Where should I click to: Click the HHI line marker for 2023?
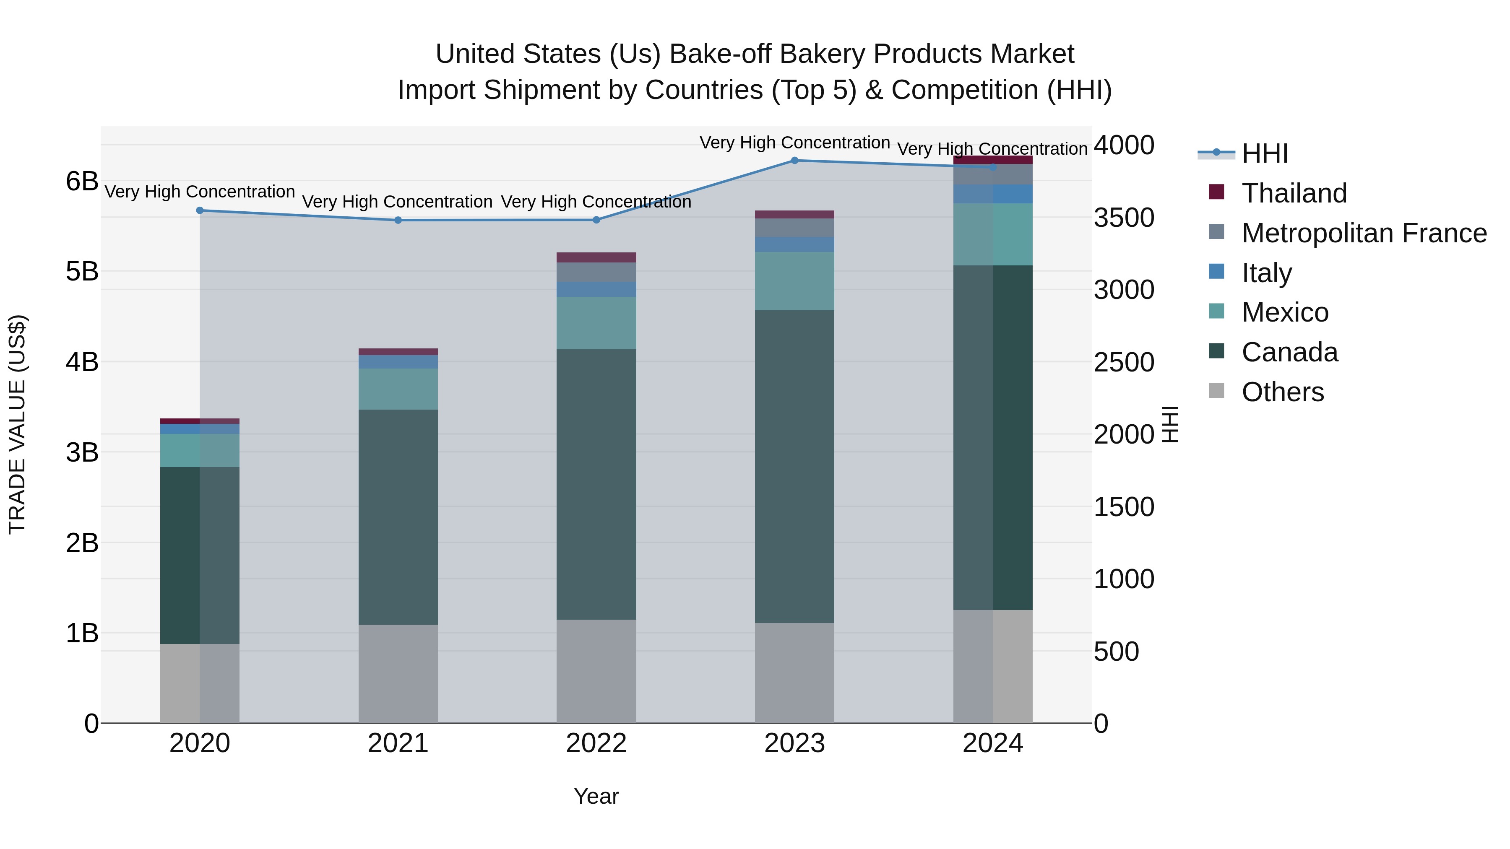pos(794,160)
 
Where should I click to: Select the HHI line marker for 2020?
pos(200,210)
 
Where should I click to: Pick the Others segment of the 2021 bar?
pos(398,673)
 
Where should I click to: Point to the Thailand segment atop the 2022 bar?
pos(596,257)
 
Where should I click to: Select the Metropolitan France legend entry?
pos(1364,233)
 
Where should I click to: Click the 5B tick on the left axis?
pos(82,272)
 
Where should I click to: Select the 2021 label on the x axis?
pos(398,743)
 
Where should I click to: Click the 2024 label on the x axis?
pos(992,743)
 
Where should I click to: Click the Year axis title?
pos(596,796)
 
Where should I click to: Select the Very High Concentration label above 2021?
pos(398,202)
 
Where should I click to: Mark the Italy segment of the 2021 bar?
pos(398,361)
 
